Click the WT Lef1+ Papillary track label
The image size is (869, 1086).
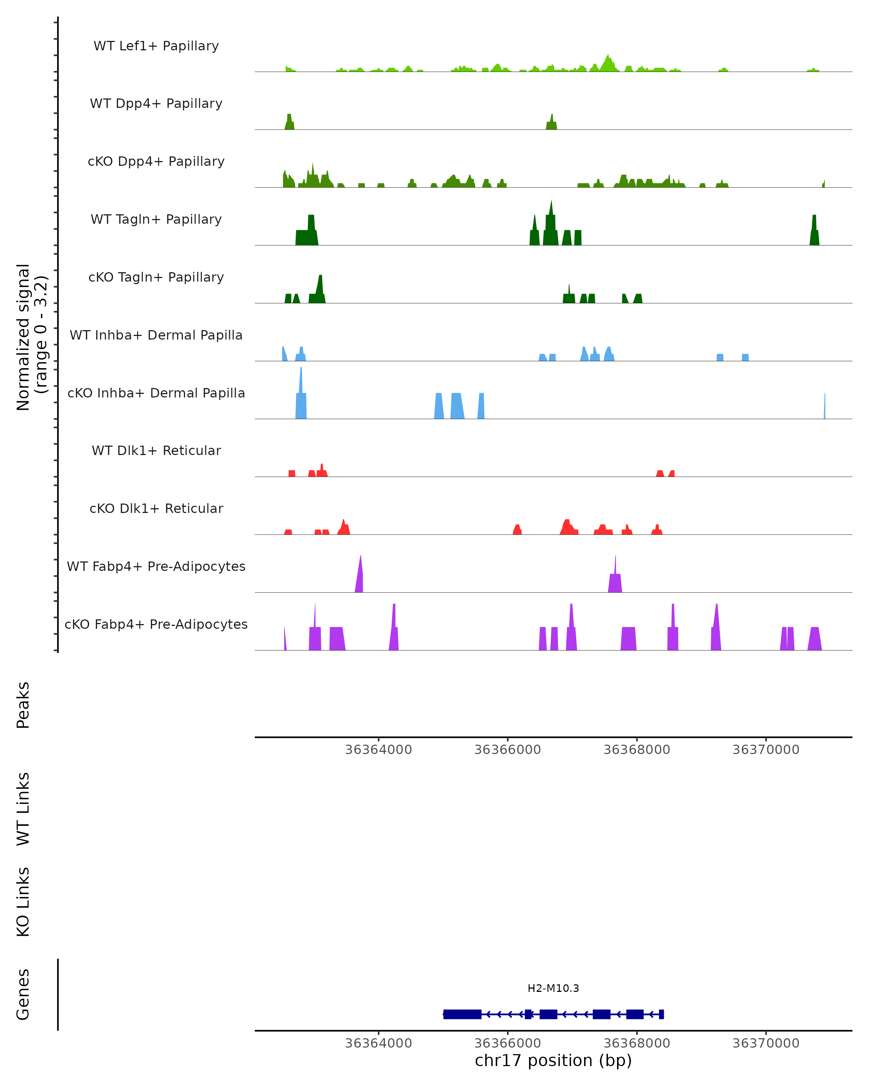pyautogui.click(x=156, y=46)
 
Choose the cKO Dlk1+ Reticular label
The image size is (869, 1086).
pyautogui.click(x=156, y=508)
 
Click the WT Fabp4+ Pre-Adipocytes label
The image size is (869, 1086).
pyautogui.click(x=156, y=566)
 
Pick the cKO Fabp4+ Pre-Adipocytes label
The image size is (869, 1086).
pyautogui.click(x=156, y=624)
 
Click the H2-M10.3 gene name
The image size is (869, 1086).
pyautogui.click(x=553, y=988)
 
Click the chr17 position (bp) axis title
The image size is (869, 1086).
pyautogui.click(x=553, y=1060)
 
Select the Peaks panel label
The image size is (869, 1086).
pyautogui.click(x=23, y=705)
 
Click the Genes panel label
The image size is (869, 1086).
pyautogui.click(x=23, y=994)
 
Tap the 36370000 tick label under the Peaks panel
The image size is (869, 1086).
pyautogui.click(x=766, y=750)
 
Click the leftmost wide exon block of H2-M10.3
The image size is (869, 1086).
pyautogui.click(x=462, y=1014)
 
